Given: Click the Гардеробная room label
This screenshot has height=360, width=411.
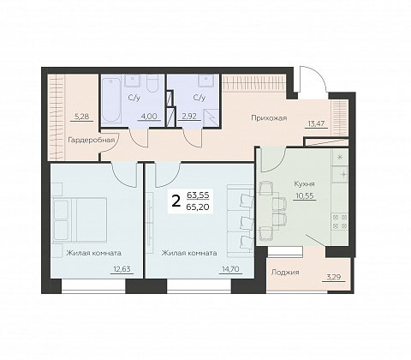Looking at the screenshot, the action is [92, 140].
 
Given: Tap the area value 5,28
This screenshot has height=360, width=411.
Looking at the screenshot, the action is [81, 117].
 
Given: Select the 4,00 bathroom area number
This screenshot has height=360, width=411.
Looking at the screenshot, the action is [149, 116].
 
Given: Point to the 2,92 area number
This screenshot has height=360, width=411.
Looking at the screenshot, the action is [189, 116].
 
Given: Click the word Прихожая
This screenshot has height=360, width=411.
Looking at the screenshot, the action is [269, 118].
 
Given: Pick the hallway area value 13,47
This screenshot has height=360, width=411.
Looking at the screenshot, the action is [316, 123].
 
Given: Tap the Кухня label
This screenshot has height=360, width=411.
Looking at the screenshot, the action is [304, 183].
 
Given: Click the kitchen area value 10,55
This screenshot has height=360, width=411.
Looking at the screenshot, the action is [305, 195].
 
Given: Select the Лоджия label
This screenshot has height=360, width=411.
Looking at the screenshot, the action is [285, 273].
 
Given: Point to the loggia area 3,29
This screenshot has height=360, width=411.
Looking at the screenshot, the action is [334, 277].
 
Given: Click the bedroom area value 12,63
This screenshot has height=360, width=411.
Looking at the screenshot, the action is [122, 269].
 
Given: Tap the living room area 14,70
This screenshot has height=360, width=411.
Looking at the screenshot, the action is [230, 269].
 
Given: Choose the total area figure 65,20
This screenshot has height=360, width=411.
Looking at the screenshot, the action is [198, 207].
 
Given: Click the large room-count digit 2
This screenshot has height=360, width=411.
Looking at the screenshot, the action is [176, 201].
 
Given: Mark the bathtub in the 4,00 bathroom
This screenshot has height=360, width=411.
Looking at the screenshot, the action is [111, 99].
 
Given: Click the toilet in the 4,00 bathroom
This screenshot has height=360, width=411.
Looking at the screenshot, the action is [152, 83].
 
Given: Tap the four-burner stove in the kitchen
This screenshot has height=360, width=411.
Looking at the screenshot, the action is [340, 222].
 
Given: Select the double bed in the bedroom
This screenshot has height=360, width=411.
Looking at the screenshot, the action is [80, 219].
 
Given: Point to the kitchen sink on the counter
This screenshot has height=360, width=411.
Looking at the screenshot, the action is [340, 174].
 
